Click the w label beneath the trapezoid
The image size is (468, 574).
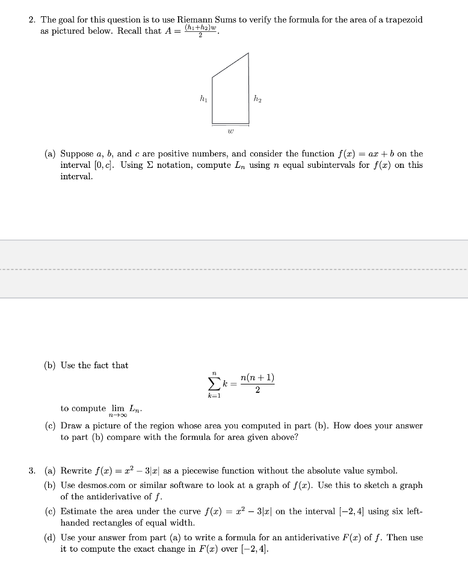230,129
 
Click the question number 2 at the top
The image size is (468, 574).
31,20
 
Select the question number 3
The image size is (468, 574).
31,471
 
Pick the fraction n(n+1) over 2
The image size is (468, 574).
257,383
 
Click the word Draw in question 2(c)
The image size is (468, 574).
71,425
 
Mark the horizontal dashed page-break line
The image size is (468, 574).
234,269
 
